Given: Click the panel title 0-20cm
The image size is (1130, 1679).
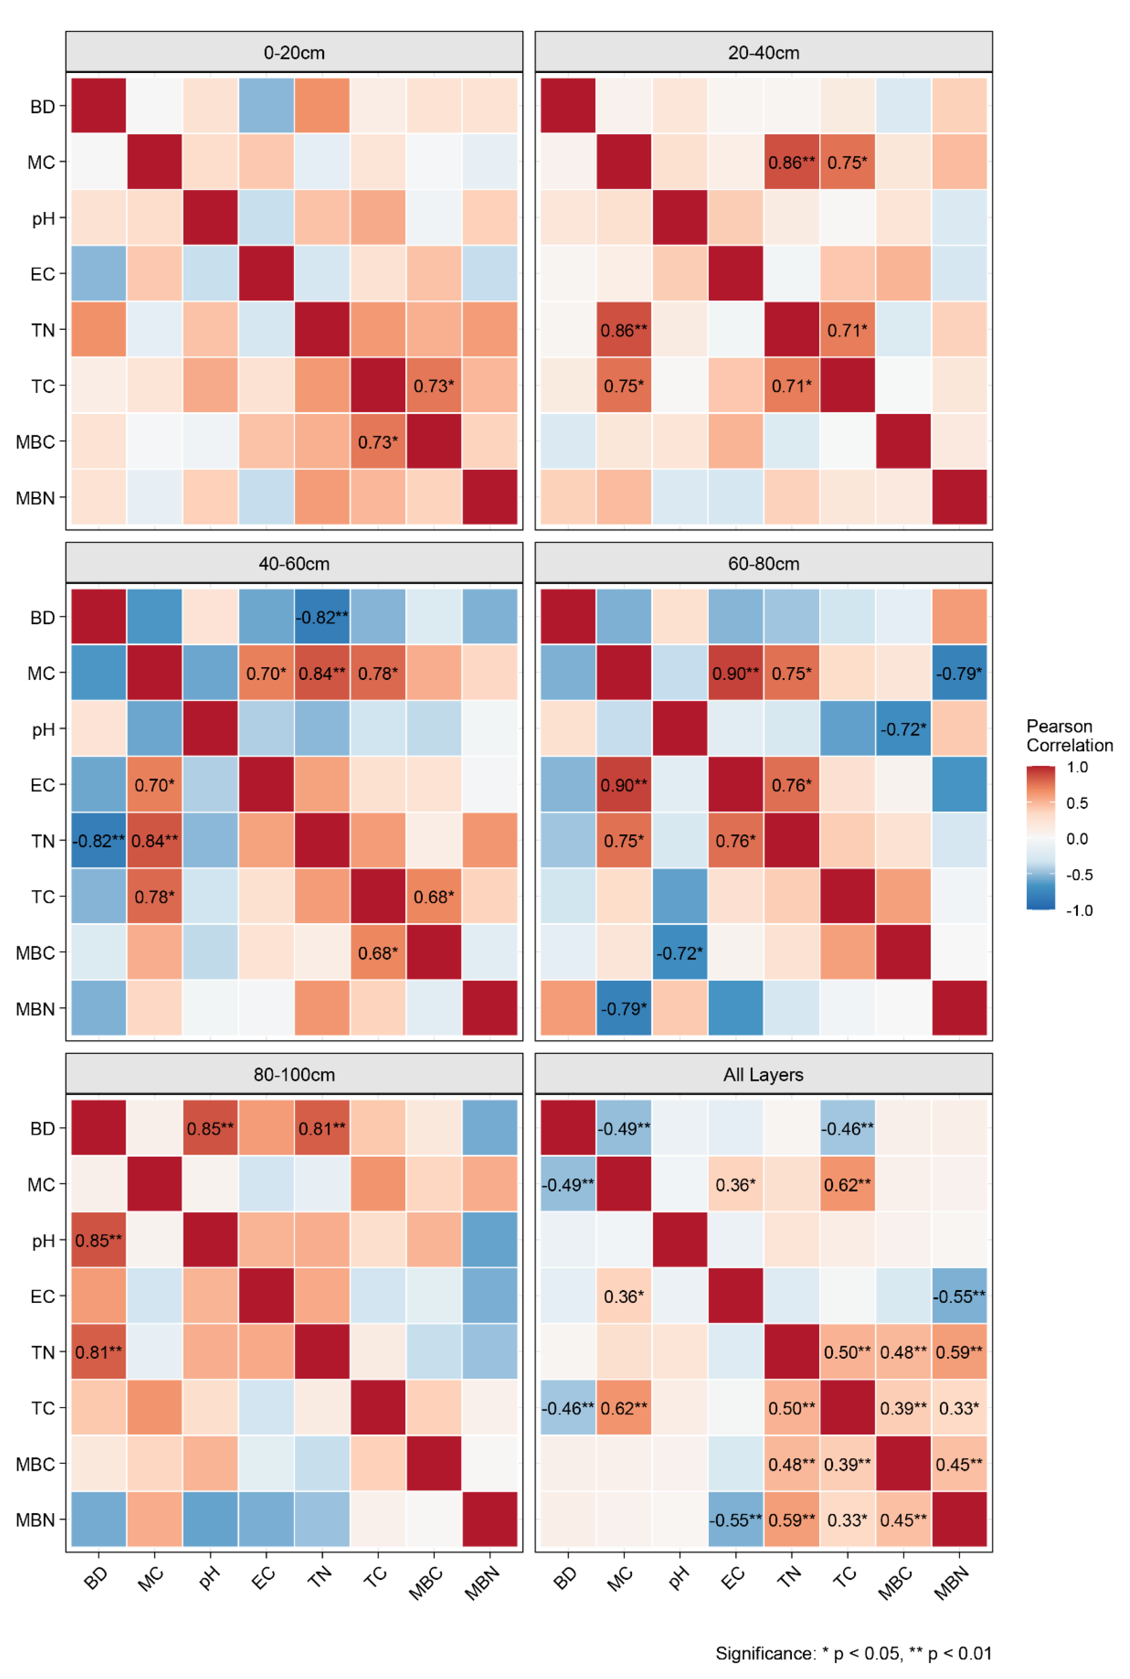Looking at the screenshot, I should tap(294, 53).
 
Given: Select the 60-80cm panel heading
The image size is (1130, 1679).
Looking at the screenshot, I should tap(763, 564).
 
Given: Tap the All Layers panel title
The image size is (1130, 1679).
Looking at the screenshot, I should tap(763, 1075).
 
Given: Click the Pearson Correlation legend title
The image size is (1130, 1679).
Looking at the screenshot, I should tap(1069, 735).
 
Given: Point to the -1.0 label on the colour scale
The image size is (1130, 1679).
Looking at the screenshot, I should tap(1079, 911).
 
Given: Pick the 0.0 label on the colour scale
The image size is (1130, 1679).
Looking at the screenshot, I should tap(1077, 838).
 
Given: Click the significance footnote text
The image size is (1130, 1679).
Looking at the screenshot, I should tap(853, 1653).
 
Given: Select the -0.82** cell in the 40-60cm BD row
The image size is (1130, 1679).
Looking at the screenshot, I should tap(322, 617).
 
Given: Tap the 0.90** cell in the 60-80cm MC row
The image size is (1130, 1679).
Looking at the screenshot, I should tap(735, 673).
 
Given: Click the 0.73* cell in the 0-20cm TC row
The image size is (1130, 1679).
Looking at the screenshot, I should tap(434, 386).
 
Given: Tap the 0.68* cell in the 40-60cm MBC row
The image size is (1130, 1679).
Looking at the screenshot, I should tap(377, 952).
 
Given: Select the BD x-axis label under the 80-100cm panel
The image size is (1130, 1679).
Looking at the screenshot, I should tap(96, 1579).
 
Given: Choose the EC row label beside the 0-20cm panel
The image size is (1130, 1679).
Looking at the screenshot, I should tap(43, 274).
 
